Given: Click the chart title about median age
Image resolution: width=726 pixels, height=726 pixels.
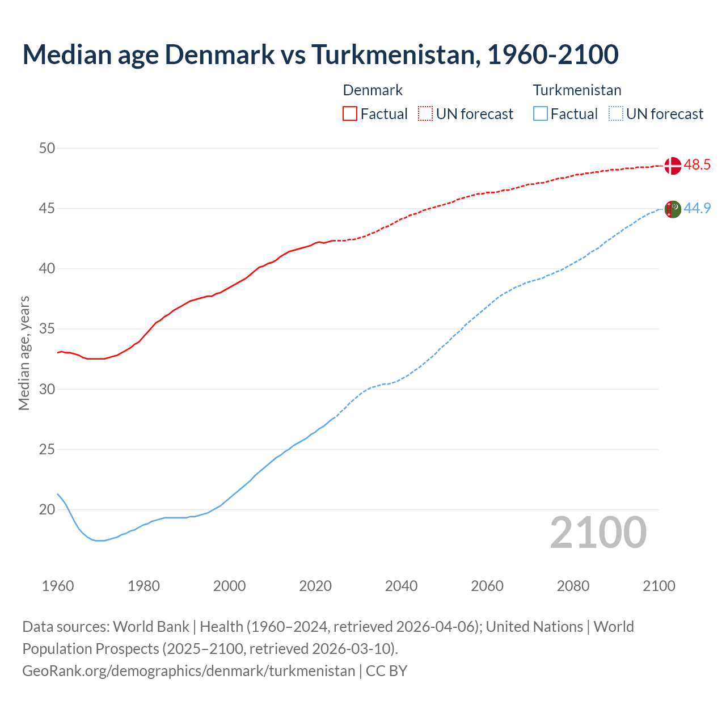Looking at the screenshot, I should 320,54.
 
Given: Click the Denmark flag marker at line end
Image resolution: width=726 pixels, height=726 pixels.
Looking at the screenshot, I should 672,166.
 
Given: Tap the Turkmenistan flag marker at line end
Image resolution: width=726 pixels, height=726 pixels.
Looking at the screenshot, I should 672,209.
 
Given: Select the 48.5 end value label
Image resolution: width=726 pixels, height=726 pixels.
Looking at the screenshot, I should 697,165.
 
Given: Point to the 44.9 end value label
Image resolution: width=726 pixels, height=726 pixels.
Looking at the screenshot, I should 697,209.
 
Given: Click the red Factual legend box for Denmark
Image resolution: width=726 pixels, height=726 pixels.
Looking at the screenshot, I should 350,114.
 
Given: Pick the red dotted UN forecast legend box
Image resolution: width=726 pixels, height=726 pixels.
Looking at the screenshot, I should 425,114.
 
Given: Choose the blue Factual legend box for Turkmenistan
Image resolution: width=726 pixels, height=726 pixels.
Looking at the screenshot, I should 541,114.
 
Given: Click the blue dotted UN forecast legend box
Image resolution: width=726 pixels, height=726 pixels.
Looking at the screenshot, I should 616,114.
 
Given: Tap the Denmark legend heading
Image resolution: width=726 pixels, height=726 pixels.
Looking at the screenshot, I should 373,90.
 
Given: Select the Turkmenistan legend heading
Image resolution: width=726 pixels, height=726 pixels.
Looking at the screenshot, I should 577,90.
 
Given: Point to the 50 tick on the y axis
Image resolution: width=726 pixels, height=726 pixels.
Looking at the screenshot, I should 47,149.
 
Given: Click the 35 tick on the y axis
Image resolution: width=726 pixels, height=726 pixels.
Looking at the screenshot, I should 47,329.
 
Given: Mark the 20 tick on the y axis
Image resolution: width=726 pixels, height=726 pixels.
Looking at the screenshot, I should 47,509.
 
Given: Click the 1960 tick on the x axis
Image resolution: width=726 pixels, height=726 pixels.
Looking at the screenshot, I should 58,586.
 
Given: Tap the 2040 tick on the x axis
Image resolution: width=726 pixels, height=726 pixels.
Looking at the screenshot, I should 401,586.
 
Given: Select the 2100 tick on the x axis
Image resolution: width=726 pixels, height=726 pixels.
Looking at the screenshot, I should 659,586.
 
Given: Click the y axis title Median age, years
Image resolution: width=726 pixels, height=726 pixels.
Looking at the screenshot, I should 24,353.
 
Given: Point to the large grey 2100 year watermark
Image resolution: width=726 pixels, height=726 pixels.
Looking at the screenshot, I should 598,533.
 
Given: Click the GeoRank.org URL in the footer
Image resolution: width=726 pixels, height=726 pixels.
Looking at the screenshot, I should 188,671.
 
